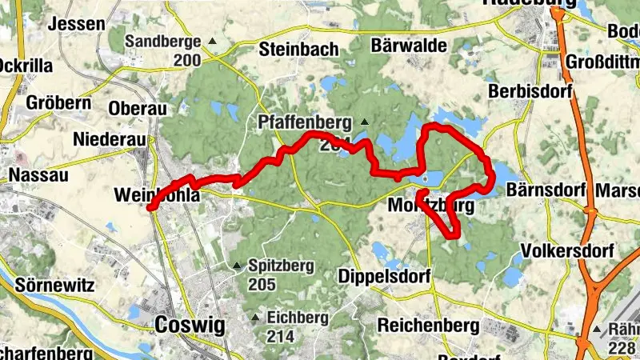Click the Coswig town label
(190, 325)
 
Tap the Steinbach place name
(299, 50)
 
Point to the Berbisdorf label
(530, 92)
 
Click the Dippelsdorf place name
(385, 276)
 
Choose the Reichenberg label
(428, 325)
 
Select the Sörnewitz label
(55, 285)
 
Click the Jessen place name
(77, 24)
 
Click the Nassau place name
(36, 174)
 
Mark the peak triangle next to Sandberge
(212, 41)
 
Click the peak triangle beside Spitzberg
(236, 266)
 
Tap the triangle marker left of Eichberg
(255, 318)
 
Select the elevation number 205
(262, 285)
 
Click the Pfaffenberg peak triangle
(365, 122)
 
